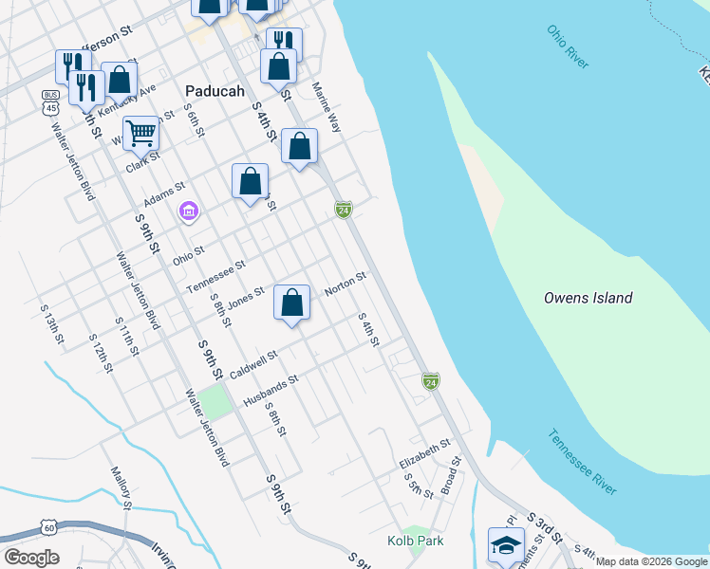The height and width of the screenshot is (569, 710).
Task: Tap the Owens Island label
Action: tap(588, 298)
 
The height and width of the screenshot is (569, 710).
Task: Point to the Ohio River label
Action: tap(568, 46)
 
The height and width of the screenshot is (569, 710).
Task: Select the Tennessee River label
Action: tap(582, 462)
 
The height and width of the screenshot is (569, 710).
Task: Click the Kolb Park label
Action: tap(415, 541)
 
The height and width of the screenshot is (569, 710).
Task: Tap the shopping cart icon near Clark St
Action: tap(140, 132)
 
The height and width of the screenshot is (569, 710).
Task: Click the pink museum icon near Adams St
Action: tap(188, 211)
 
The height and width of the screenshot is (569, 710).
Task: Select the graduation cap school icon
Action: tap(506, 545)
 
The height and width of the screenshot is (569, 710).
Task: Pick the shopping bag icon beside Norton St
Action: tap(292, 303)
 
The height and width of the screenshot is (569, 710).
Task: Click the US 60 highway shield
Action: tap(48, 527)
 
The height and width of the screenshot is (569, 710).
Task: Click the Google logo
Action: tap(30, 558)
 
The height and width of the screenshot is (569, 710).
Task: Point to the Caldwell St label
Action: tap(252, 363)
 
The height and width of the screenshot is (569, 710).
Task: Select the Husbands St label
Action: tap(271, 390)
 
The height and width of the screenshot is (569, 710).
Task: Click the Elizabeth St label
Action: tap(424, 453)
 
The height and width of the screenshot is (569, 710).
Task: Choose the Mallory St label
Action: tap(120, 486)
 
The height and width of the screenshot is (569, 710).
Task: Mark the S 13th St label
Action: tap(51, 323)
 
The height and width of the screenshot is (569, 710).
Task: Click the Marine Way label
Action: tap(327, 105)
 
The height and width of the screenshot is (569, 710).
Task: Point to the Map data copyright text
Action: tap(652, 561)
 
